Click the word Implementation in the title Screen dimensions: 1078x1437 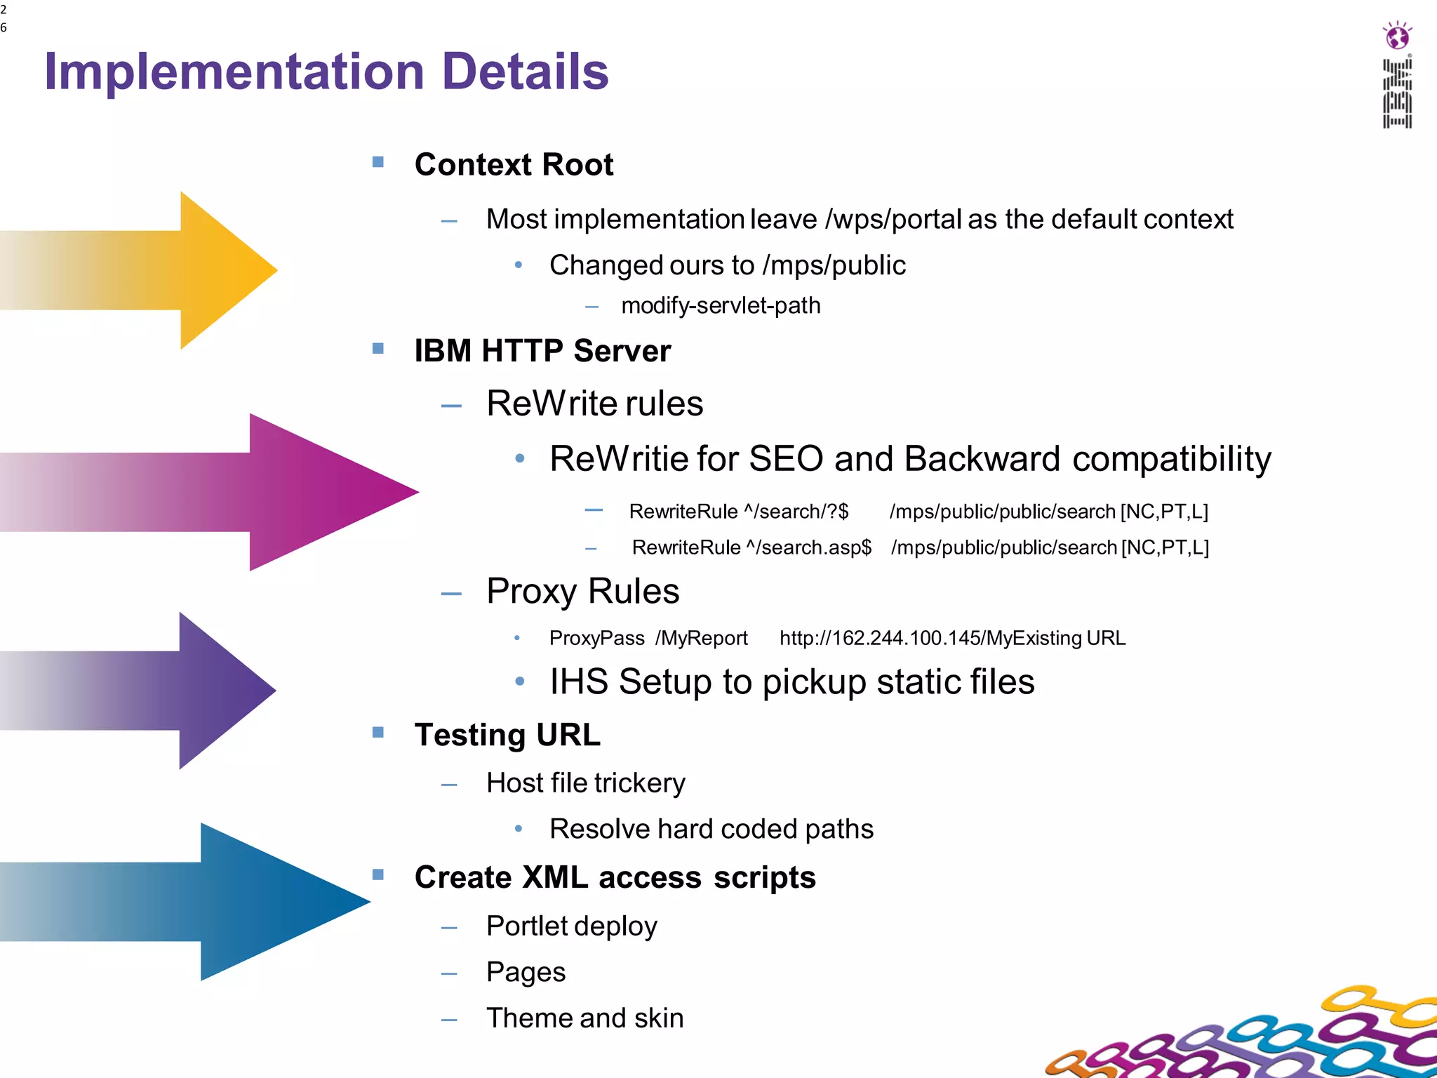234,72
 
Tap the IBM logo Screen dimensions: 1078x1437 1397,94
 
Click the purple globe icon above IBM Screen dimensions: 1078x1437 1397,36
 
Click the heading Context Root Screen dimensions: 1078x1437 514,165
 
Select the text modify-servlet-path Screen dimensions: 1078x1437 721,306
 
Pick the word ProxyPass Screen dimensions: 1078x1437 596,638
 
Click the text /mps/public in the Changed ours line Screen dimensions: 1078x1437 834,265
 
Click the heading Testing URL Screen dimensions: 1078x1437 507,735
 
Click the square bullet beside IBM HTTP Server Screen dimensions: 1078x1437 378,349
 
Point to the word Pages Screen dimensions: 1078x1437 526,972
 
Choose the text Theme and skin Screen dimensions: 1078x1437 584,1018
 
